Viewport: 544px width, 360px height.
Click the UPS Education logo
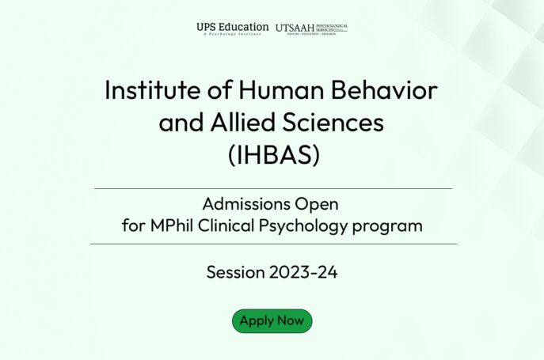point(232,28)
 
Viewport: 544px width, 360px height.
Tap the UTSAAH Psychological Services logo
point(311,28)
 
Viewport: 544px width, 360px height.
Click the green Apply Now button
point(272,320)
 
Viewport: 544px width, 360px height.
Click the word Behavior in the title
point(393,90)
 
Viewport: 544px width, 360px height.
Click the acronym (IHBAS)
point(273,155)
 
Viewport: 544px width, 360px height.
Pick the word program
point(388,225)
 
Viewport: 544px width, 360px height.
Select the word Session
point(234,273)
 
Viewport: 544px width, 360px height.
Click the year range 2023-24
point(303,273)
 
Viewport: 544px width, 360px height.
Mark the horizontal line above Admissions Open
point(273,189)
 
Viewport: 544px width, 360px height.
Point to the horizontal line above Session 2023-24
point(273,244)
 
